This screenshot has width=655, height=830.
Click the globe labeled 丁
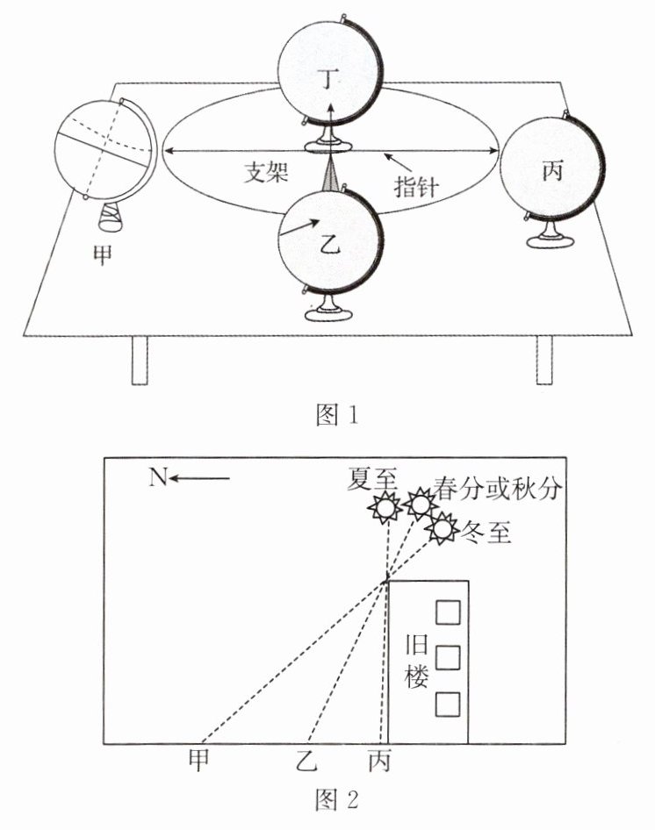tap(329, 70)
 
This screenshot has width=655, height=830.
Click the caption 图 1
tap(336, 413)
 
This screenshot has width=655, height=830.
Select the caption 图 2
tap(336, 800)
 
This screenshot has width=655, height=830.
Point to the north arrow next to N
tap(201, 478)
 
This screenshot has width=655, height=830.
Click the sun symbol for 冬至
tap(441, 529)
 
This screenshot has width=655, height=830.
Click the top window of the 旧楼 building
tap(449, 611)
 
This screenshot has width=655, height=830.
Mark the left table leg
tap(140, 360)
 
